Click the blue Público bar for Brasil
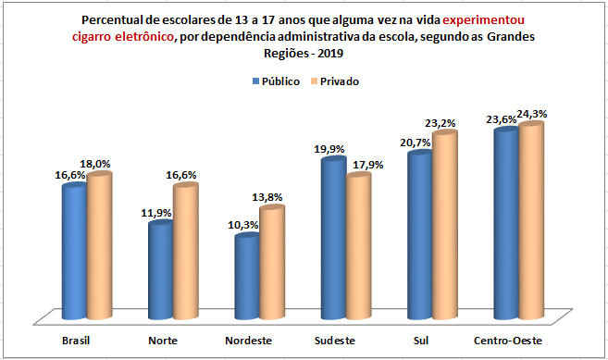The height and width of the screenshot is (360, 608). point(74,250)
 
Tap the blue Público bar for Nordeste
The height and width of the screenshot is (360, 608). point(246,275)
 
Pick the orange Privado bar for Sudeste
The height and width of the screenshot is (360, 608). point(358,245)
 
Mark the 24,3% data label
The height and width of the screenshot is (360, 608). point(532,114)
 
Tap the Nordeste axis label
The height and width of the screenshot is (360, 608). point(249,341)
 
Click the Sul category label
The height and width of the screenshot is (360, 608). point(421,341)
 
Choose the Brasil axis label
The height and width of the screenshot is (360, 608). point(77,341)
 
